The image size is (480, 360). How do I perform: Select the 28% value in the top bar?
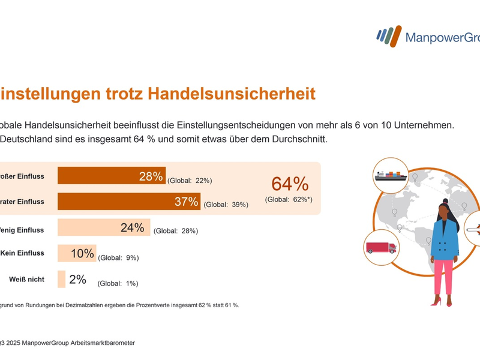click(151, 176)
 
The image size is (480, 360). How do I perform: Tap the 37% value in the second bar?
click(186, 202)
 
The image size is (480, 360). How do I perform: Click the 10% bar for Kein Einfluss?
click(77, 253)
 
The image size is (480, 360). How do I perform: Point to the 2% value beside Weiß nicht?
click(77, 279)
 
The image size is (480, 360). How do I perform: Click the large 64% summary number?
click(290, 184)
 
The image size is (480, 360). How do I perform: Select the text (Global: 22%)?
click(190, 180)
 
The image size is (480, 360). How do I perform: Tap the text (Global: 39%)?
click(226, 205)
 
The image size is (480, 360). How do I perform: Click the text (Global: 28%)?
click(176, 230)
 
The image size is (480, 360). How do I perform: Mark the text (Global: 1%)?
click(118, 283)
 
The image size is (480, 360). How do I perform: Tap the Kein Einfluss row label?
click(23, 253)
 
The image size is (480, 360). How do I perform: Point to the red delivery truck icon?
click(381, 247)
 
